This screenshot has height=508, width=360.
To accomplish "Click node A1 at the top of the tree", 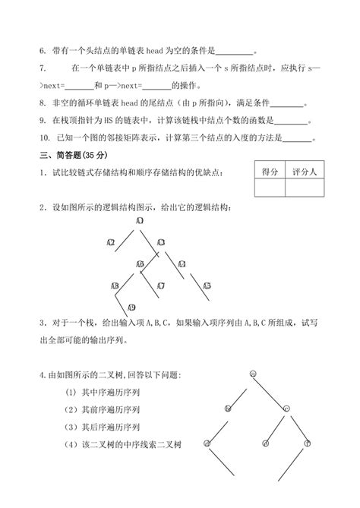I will [141, 221].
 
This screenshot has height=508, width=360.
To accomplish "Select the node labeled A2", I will [111, 243].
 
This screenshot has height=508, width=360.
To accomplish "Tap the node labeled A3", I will [161, 243].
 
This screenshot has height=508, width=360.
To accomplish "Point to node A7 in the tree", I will [161, 286].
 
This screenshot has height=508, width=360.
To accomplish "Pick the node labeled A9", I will [131, 308].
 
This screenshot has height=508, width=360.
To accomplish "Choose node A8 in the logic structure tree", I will [115, 286].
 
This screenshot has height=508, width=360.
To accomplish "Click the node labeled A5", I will [206, 286].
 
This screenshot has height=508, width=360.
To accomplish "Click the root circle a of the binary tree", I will [252, 374].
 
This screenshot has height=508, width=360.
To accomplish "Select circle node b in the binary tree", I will [227, 409].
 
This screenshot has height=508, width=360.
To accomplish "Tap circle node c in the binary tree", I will [286, 409].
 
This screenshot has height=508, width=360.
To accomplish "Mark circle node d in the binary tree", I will [207, 443].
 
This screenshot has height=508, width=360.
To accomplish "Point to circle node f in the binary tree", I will [308, 443].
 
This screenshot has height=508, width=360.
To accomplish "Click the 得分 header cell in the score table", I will [267, 172].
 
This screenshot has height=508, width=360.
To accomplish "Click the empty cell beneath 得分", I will [267, 190].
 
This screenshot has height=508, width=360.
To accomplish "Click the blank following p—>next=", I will [156, 85].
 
